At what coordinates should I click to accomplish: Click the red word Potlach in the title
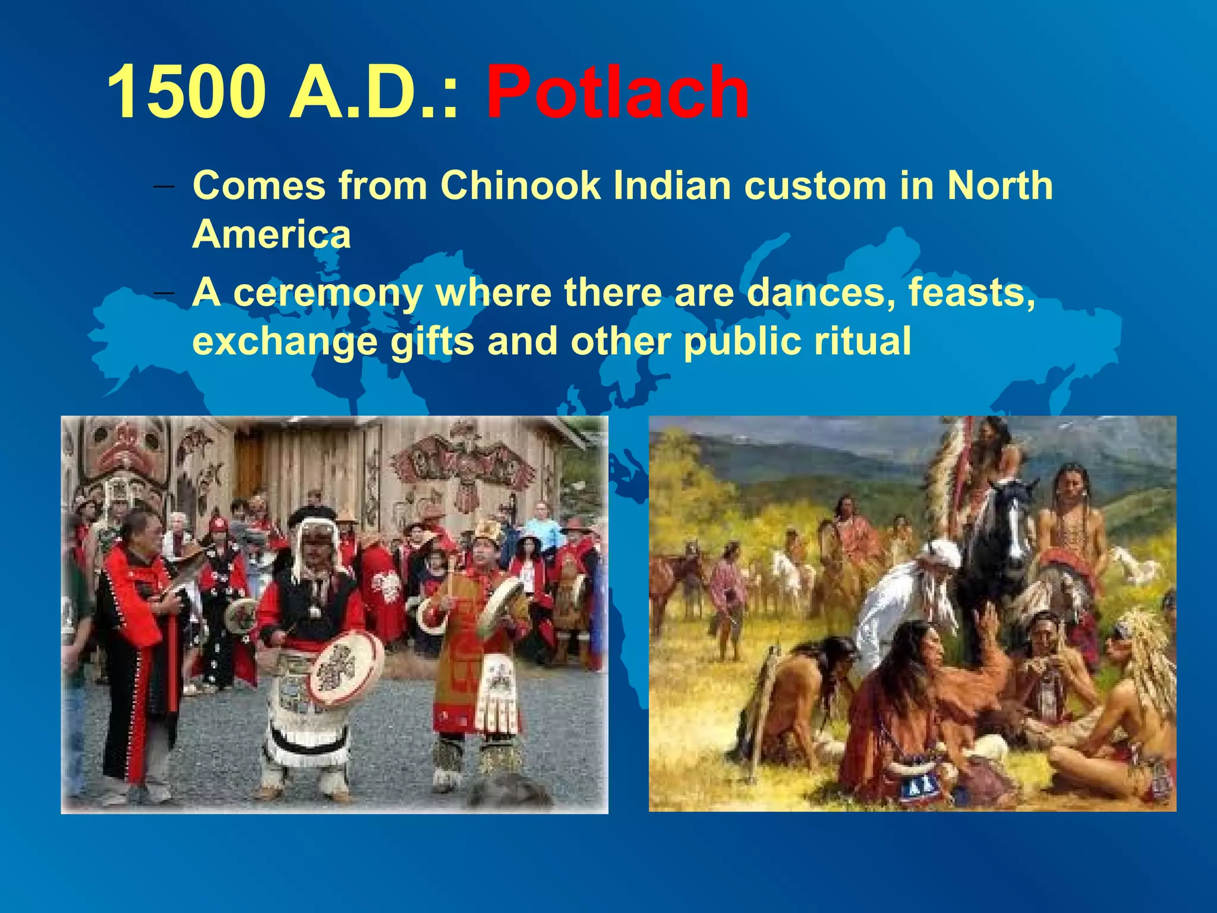618,94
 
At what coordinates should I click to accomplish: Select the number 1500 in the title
186,94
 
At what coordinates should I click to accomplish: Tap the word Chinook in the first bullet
521,185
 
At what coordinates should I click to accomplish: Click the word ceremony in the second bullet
328,294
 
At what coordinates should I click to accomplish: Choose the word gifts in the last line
432,342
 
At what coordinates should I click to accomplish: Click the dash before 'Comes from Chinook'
164,186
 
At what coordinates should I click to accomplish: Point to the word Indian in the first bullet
672,185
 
